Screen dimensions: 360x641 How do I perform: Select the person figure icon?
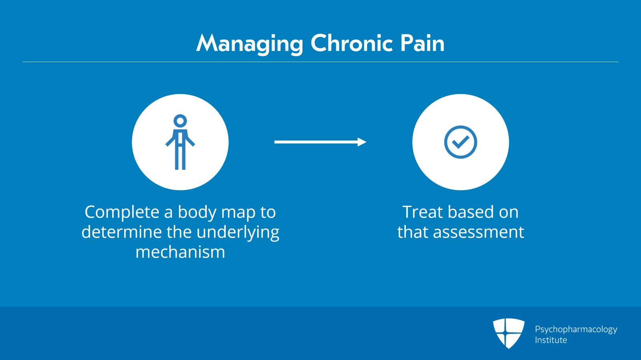[x=180, y=142]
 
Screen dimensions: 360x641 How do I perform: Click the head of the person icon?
[x=180, y=121]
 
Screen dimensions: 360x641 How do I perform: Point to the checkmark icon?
[x=460, y=142]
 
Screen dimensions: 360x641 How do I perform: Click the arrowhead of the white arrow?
[x=362, y=142]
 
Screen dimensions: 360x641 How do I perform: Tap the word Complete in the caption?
[x=122, y=212]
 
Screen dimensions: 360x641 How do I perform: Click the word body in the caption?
[x=197, y=212]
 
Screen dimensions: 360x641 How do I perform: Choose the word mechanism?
[x=180, y=252]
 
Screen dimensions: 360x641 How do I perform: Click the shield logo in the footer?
[x=508, y=333]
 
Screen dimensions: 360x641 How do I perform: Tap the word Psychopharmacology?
[x=576, y=330]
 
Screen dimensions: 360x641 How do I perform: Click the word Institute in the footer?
[x=551, y=340]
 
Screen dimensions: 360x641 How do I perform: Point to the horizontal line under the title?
[x=320, y=62]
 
